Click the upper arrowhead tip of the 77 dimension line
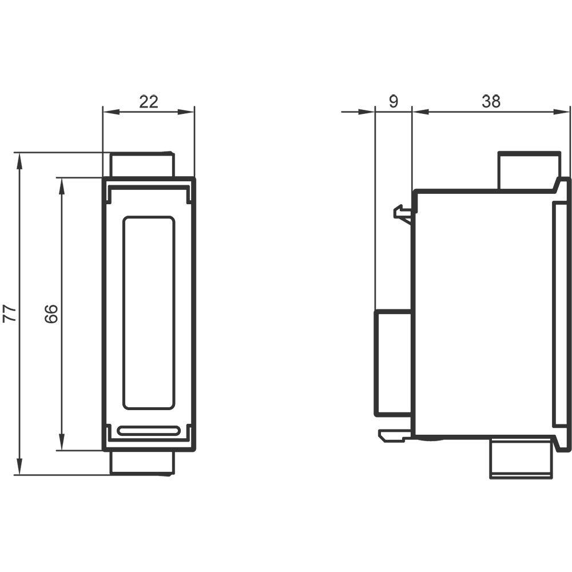point(19,153)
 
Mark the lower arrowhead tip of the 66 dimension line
point(62,450)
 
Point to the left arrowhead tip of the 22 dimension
point(103,112)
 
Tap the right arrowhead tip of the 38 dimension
point(569,112)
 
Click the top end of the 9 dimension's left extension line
point(375,106)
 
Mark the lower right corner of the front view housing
point(195,450)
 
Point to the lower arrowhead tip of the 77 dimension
point(19,475)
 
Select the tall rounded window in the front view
point(149,313)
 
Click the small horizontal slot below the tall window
point(149,431)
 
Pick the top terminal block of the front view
point(142,165)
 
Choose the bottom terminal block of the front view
point(142,463)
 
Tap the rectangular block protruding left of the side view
point(394,363)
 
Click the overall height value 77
point(10,313)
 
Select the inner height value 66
point(51,313)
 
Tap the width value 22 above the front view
point(149,102)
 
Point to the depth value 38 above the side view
point(491,101)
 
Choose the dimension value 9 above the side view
point(394,101)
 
